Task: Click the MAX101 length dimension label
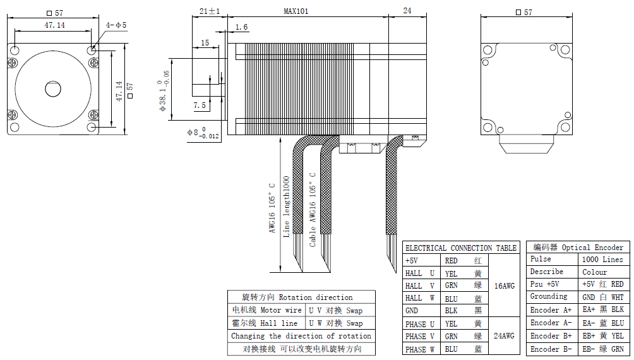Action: point(296,11)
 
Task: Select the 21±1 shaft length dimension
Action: point(210,11)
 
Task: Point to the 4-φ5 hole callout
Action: point(116,25)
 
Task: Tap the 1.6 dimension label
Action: point(241,27)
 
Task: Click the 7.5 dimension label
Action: point(200,105)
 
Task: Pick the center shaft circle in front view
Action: point(53,89)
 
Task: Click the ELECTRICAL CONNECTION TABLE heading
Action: point(461,248)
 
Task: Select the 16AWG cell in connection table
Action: point(504,286)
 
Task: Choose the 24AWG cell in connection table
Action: point(504,336)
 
